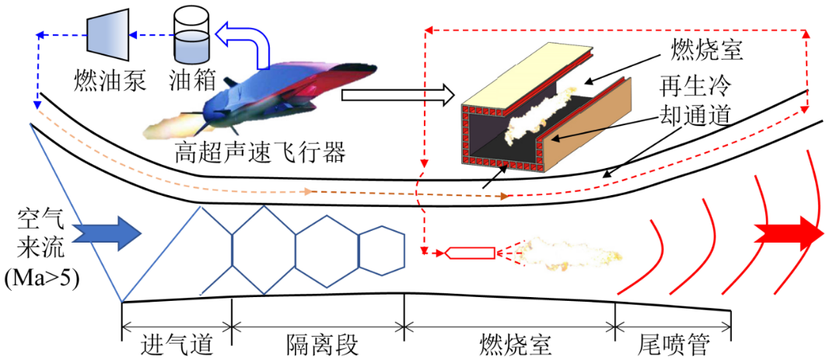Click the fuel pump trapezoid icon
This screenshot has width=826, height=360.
pos(107,34)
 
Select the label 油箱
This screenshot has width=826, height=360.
pos(190,80)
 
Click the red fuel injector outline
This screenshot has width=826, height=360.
pos(471,253)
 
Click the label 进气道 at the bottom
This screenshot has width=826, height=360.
pos(177,342)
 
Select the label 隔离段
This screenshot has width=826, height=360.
pos(317,342)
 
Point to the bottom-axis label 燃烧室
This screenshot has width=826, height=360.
pos(509,342)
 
